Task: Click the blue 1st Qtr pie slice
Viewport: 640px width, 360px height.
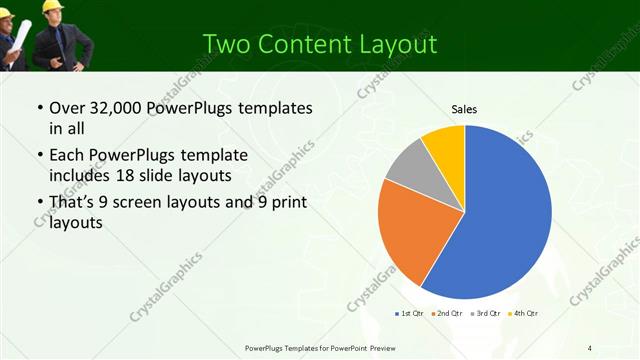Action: tap(505, 215)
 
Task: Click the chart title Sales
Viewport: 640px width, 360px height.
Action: tap(464, 108)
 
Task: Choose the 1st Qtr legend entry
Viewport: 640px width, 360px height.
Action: tap(411, 314)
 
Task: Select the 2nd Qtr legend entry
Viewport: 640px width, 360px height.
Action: tap(448, 314)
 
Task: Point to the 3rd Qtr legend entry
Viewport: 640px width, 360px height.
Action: tap(486, 314)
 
